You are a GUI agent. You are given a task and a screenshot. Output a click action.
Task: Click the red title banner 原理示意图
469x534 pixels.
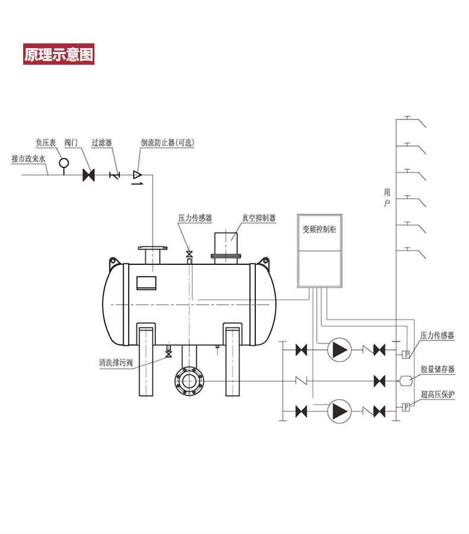58,55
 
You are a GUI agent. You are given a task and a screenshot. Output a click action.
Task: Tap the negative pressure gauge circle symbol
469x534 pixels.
64,162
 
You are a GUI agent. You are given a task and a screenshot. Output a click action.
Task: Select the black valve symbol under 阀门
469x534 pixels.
89,175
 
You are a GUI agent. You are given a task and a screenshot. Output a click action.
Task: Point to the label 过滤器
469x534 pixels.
102,143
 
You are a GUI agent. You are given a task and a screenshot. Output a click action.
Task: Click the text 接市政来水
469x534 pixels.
28,159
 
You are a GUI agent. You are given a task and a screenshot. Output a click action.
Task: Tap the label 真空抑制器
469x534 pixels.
259,218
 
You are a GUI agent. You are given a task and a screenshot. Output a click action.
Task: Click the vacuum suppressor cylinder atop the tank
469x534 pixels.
226,244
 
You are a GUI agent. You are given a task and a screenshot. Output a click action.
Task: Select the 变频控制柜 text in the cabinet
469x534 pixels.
319,229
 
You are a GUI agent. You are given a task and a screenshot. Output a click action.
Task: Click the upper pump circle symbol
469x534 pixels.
339,350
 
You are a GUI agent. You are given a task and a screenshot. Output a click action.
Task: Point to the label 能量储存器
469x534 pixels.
437,369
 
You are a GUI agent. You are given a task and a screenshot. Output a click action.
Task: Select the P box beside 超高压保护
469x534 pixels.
406,407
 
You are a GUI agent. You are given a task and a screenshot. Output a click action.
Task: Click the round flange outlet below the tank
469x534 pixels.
189,380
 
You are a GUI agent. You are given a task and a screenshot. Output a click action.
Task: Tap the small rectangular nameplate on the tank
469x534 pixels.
145,283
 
